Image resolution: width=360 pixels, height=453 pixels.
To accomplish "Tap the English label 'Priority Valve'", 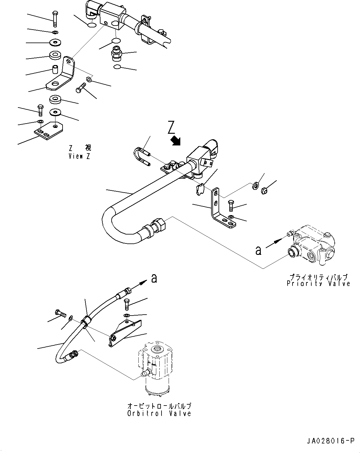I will click(318, 284).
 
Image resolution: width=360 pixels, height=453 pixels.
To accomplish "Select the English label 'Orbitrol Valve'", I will click(159, 414).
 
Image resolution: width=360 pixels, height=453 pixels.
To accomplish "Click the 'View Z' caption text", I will click(80, 156).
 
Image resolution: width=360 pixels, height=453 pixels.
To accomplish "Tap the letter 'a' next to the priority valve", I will click(258, 251).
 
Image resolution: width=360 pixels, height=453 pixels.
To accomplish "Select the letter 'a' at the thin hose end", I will click(154, 279).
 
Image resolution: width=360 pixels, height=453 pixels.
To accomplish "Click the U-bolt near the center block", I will click(141, 156).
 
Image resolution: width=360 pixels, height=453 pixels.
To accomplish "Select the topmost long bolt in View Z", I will click(55, 18).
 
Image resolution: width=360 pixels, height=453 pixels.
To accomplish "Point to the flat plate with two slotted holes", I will click(49, 130).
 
